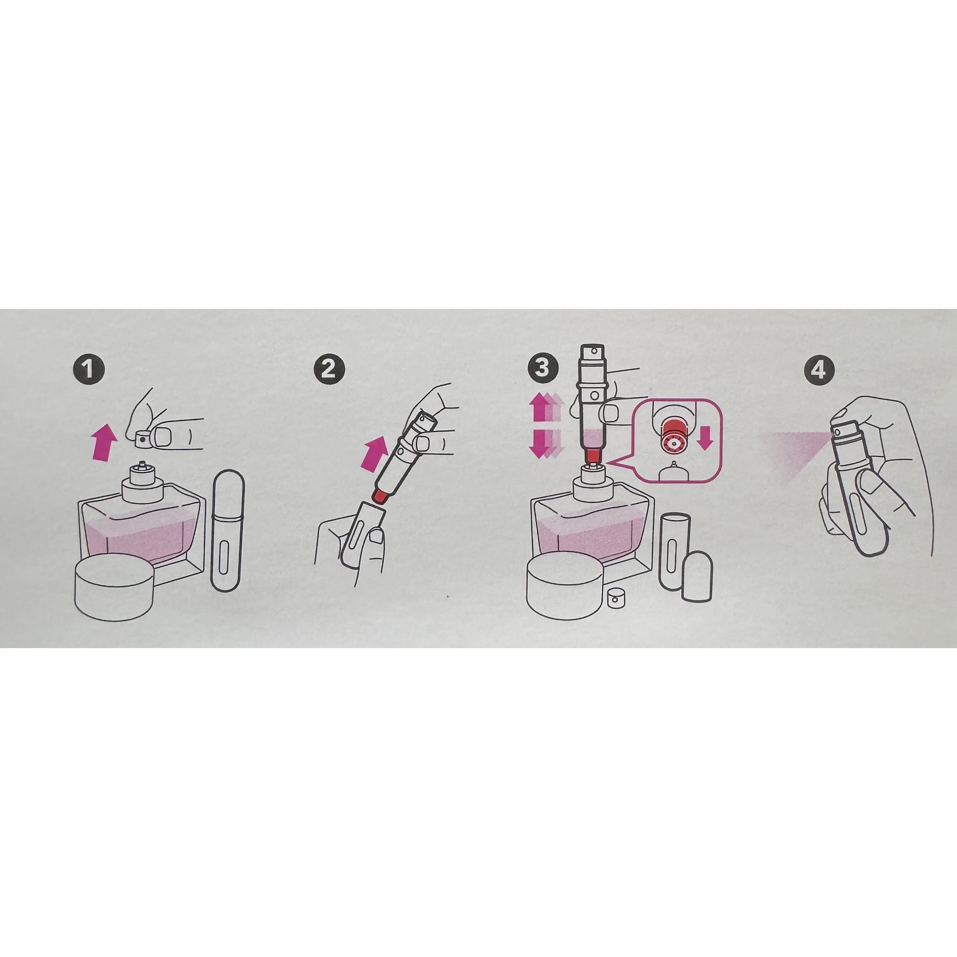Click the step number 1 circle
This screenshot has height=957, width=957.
tap(90, 369)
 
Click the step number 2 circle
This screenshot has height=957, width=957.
tap(329, 369)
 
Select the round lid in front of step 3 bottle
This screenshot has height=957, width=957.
tap(567, 586)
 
